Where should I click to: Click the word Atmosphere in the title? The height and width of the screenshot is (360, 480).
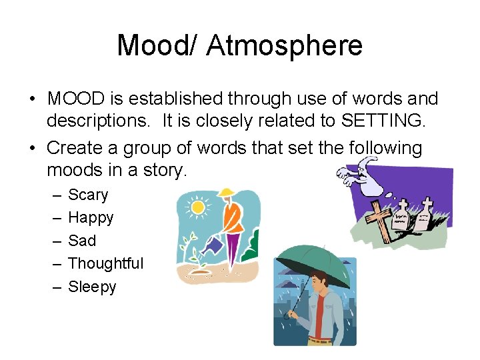pyautogui.click(x=285, y=46)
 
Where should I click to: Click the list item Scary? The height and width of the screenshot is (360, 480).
pyautogui.click(x=88, y=195)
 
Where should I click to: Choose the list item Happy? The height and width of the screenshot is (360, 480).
pyautogui.click(x=91, y=217)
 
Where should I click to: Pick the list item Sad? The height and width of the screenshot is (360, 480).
pyautogui.click(x=82, y=241)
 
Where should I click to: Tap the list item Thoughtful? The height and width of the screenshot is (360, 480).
pyautogui.click(x=105, y=263)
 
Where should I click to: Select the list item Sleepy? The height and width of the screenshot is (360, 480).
pyautogui.click(x=92, y=287)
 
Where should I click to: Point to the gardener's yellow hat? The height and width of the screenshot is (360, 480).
pyautogui.click(x=229, y=193)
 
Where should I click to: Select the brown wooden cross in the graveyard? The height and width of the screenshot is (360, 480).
pyautogui.click(x=383, y=220)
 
